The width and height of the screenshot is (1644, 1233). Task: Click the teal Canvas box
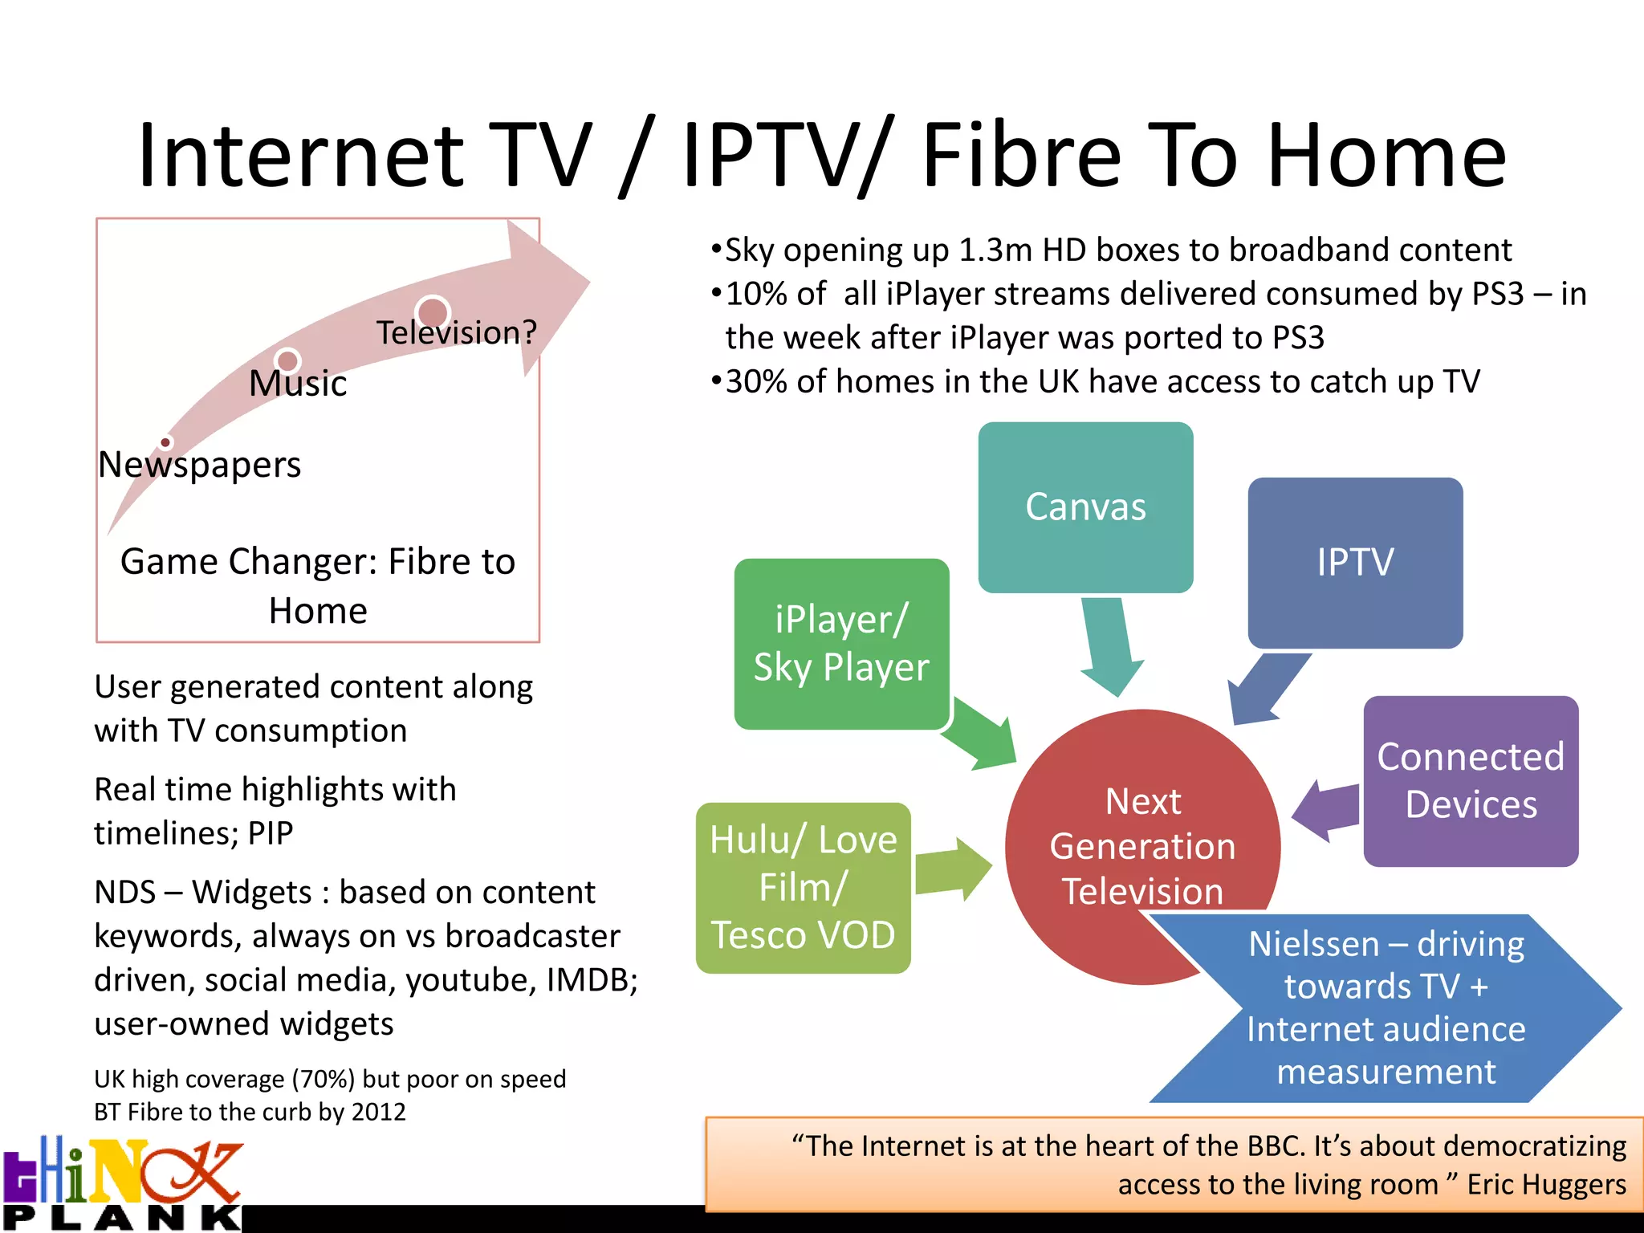pyautogui.click(x=1085, y=507)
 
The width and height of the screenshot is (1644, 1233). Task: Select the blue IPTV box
pyautogui.click(x=1355, y=563)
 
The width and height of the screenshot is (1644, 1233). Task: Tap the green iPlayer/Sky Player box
pyautogui.click(x=841, y=644)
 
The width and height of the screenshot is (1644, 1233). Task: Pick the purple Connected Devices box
pyautogui.click(x=1471, y=780)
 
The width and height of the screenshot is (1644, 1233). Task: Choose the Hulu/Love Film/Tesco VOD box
pyautogui.click(x=803, y=888)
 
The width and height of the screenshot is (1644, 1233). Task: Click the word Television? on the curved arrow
pyautogui.click(x=456, y=332)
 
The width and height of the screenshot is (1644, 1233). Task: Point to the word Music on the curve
pyautogui.click(x=298, y=383)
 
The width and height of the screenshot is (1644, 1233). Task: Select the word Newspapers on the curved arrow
pyautogui.click(x=200, y=465)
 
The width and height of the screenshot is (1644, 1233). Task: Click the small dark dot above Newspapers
pyautogui.click(x=165, y=442)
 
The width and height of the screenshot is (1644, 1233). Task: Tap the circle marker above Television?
pyautogui.click(x=433, y=312)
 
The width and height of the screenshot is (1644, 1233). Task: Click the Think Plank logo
pyautogui.click(x=122, y=1183)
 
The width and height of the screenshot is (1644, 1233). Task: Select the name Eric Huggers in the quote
pyautogui.click(x=1546, y=1185)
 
